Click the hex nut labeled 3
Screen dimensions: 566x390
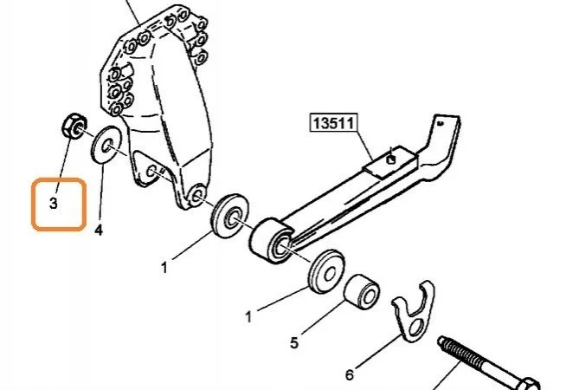pyautogui.click(x=74, y=126)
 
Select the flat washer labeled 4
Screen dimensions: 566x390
pyautogui.click(x=106, y=146)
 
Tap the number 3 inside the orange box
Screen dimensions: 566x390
pyautogui.click(x=54, y=203)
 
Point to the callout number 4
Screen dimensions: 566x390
pyautogui.click(x=99, y=230)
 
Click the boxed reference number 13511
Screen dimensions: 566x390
pyautogui.click(x=333, y=123)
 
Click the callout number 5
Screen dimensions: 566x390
pyautogui.click(x=294, y=342)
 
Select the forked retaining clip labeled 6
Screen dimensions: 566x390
pyautogui.click(x=414, y=311)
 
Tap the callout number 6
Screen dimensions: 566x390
pyautogui.click(x=350, y=375)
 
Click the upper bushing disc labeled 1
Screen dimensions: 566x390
pyautogui.click(x=229, y=216)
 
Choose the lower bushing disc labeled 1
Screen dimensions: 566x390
pyautogui.click(x=326, y=271)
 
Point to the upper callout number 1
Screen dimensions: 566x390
pyautogui.click(x=164, y=268)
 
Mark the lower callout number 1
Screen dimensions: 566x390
pyautogui.click(x=248, y=317)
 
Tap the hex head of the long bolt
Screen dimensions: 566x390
pyautogui.click(x=529, y=384)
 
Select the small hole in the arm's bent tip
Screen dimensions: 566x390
pyautogui.click(x=440, y=123)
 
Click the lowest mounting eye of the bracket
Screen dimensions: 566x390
pyautogui.click(x=196, y=195)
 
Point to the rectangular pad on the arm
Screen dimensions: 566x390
pyautogui.click(x=390, y=161)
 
